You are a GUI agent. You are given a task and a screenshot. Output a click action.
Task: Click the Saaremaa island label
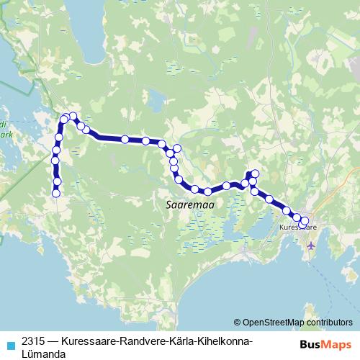tap(185, 204)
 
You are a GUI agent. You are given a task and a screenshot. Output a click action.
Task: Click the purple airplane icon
tap(310, 245)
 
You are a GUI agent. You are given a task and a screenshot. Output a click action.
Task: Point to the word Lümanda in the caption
tap(44, 354)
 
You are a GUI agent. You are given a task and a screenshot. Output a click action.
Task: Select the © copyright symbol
tap(238, 323)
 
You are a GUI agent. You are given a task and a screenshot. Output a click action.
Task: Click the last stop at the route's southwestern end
tap(55, 193)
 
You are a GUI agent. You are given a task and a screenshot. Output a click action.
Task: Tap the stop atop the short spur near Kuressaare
tap(254, 173)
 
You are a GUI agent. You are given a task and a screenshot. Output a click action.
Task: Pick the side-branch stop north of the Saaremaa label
tap(176, 148)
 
